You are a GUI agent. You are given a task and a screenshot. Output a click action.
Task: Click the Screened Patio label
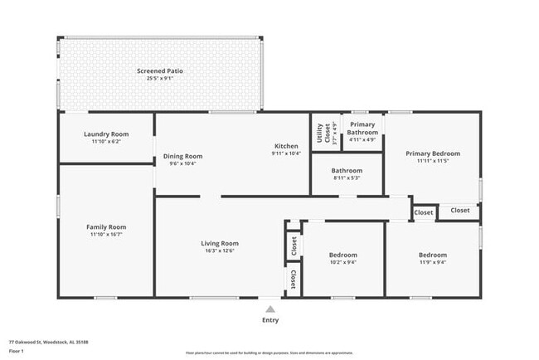pos(160,71)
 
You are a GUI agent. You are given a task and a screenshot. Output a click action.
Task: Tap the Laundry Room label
pos(106,134)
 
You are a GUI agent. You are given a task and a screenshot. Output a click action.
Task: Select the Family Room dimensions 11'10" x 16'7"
pos(106,235)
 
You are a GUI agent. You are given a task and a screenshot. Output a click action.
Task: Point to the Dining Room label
pos(182,156)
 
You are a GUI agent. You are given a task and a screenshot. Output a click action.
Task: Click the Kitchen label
pos(286,145)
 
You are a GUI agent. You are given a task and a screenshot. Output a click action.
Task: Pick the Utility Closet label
pos(320,133)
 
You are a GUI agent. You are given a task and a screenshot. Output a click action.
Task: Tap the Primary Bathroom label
pos(362,129)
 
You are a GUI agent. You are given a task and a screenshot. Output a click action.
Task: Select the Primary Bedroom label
pos(432,153)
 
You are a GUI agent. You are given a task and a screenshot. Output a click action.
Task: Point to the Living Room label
pos(220,243)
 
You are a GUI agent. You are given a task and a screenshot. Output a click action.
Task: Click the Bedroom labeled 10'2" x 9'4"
pos(342,255)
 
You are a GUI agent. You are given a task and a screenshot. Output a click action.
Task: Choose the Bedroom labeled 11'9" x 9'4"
pos(432,255)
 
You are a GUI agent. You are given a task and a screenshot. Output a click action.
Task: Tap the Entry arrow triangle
pos(270,309)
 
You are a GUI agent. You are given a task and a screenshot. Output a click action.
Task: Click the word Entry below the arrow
pos(270,320)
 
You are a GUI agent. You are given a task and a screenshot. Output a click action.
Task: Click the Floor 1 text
pos(16,350)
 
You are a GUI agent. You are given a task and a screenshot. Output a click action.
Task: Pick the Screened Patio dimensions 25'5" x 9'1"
pos(160,79)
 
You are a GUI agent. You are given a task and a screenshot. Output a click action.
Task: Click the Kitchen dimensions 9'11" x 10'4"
pos(286,153)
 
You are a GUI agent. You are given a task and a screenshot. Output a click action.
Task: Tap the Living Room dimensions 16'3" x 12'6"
pos(220,251)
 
